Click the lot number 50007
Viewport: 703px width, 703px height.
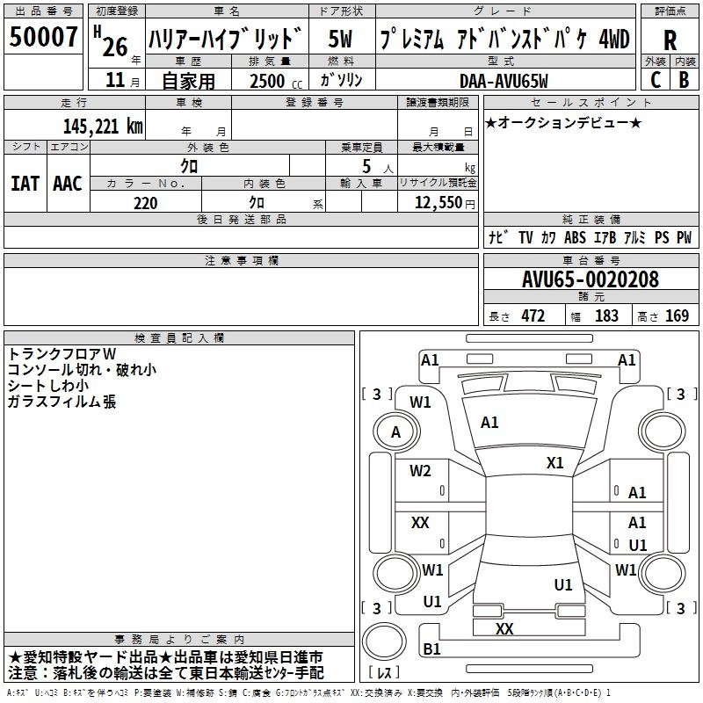point(44,37)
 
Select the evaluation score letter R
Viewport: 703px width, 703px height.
point(670,40)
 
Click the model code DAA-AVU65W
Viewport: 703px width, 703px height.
point(504,81)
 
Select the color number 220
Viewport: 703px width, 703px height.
point(145,203)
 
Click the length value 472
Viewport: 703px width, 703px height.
point(533,315)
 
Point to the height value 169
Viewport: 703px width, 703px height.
point(677,315)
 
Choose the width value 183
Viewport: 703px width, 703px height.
point(606,315)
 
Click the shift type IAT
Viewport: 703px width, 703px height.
point(25,184)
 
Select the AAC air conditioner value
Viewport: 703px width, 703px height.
point(68,184)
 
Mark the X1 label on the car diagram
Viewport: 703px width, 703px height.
point(554,462)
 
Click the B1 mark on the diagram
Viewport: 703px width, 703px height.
point(431,649)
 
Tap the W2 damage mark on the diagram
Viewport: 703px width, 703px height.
point(420,471)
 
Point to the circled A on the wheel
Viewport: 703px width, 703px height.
point(395,431)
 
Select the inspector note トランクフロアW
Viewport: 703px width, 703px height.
point(62,353)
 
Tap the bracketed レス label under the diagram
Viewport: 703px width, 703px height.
point(384,673)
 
